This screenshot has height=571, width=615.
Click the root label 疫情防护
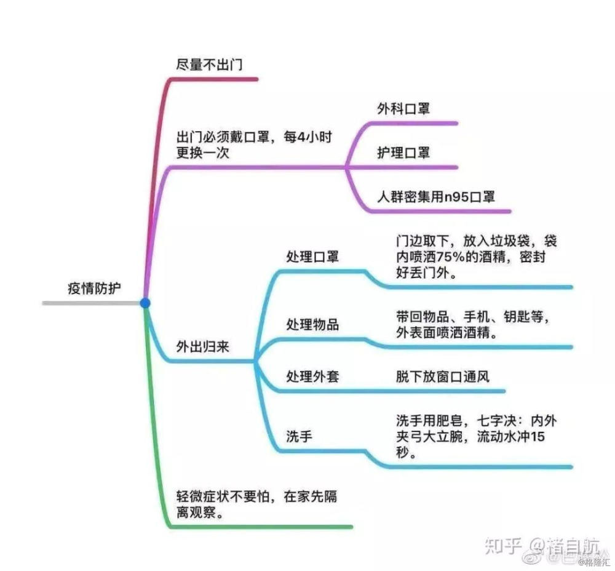[94, 289]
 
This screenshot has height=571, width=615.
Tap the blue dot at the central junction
[145, 303]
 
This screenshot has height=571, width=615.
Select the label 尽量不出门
[209, 65]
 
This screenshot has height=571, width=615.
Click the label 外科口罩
[403, 109]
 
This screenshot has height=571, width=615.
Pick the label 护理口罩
[403, 153]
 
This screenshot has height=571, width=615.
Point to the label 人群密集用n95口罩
[436, 196]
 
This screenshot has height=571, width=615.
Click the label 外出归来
[202, 346]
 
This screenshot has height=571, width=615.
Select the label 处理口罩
[312, 257]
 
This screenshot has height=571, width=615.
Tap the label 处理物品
[312, 324]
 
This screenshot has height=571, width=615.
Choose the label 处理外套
[312, 377]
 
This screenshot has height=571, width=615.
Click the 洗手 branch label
[300, 436]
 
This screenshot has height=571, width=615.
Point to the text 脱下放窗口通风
[442, 377]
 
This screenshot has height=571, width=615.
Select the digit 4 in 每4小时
[301, 137]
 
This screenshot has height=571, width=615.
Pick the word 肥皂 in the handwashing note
[449, 421]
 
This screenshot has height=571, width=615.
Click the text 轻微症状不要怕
[223, 497]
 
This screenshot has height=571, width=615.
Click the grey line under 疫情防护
[92, 303]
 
